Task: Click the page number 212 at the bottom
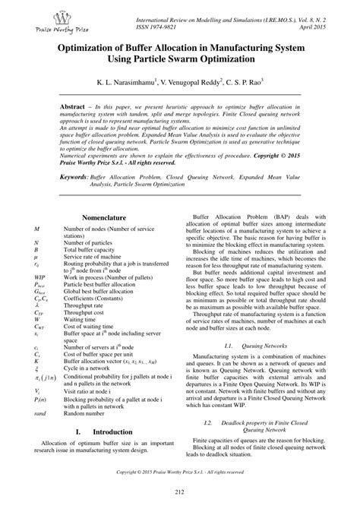coord(179,493)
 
